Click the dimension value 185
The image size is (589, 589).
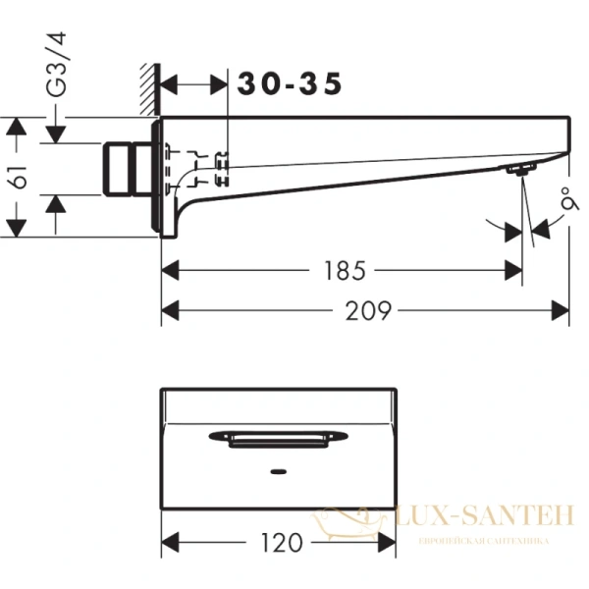pos(342,268)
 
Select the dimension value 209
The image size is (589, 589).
pos(369,311)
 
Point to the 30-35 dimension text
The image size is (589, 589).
pos(291,85)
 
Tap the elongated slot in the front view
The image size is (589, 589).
pos(278,437)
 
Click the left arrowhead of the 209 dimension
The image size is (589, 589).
pos(168,311)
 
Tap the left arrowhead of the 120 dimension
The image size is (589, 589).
pos(168,541)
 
